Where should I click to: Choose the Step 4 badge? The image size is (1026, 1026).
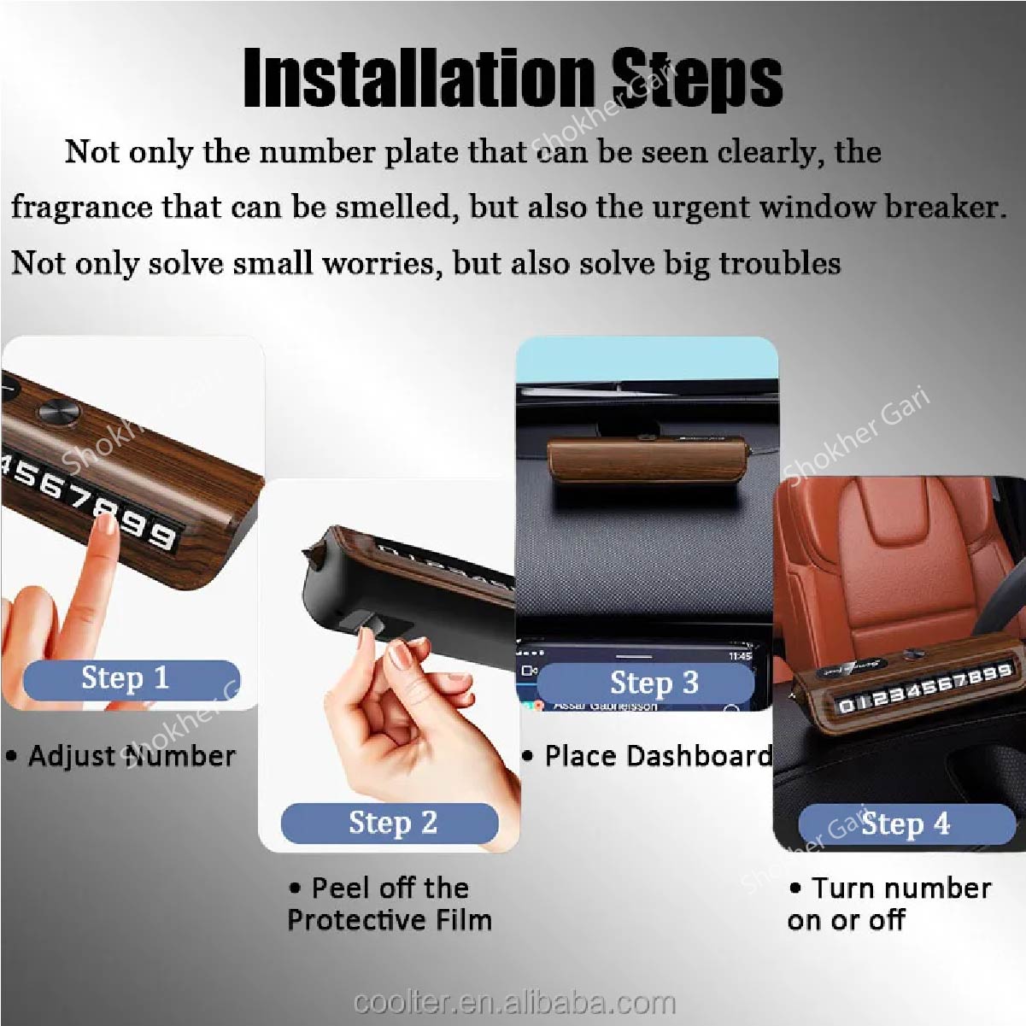pos(906,824)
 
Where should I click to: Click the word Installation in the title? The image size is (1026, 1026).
pos(419,79)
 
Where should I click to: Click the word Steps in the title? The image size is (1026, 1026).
pos(696,79)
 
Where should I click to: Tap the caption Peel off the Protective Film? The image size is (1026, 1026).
pos(390,904)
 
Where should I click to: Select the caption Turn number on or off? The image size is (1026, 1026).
pos(888,904)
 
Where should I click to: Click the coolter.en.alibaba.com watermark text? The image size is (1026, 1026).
pos(514,1002)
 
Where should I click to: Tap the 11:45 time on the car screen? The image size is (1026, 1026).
pos(740,656)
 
